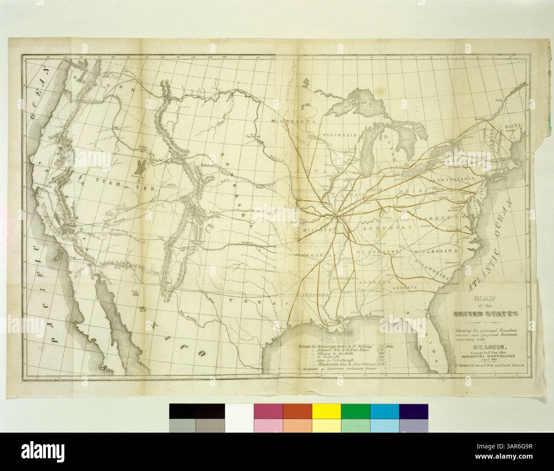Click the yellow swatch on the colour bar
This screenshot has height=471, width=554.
(326, 411)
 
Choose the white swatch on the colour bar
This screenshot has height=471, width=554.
(239, 411)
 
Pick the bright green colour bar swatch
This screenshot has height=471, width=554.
(355, 411)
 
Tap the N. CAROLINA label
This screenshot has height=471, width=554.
(435, 251)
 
